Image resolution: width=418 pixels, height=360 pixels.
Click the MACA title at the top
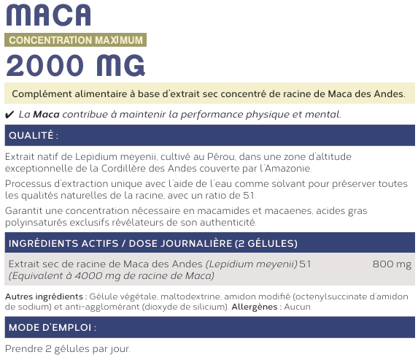pos(48,15)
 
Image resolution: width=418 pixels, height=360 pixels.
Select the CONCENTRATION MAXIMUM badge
pos(74,40)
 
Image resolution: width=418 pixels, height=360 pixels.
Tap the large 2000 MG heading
pos(74,66)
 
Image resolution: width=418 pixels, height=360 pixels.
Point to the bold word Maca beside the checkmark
pos(46,115)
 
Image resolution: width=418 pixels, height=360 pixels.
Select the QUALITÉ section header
pos(33,136)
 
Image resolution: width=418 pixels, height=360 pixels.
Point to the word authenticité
pos(229,222)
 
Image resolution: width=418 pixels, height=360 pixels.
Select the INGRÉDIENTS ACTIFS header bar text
pos(152,243)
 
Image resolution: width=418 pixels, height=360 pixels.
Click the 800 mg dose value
pos(392,264)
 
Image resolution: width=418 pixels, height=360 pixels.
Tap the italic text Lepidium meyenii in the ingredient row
pos(252,264)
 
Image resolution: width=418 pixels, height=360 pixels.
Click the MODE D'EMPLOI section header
pos(51,327)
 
